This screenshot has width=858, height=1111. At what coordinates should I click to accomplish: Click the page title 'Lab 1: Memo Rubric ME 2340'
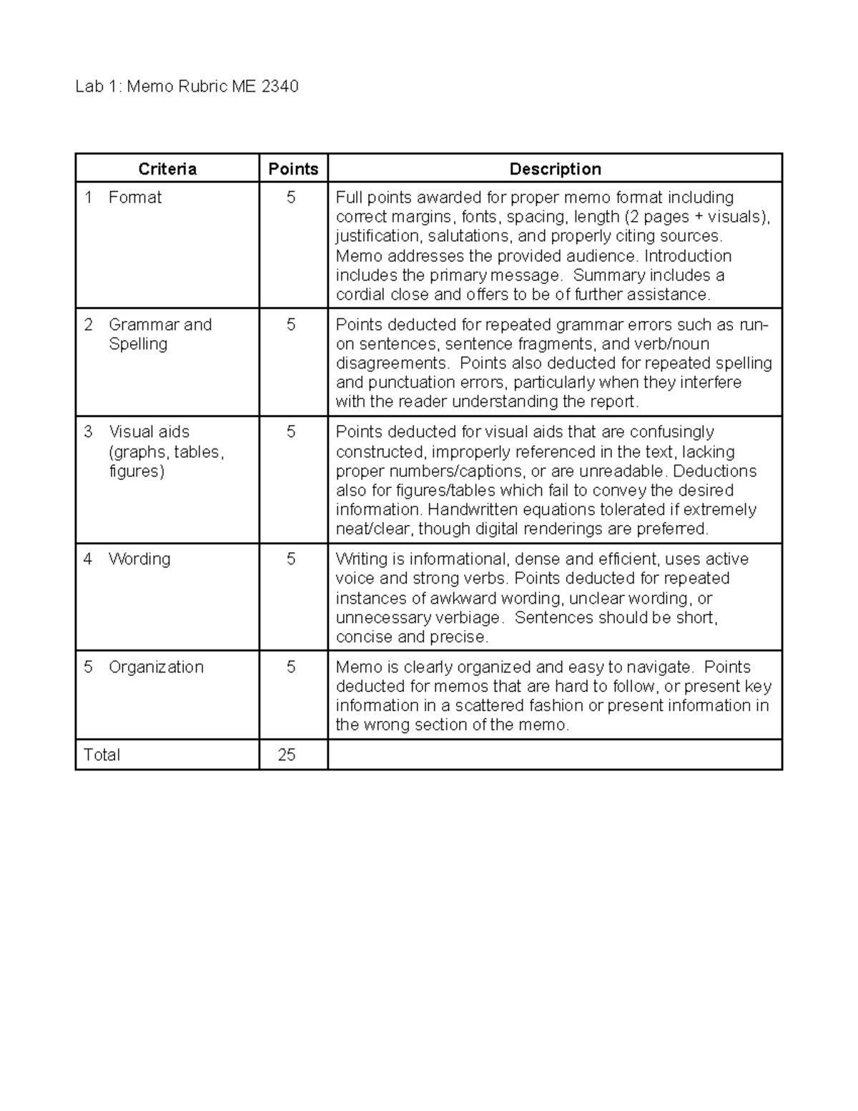pyautogui.click(x=187, y=87)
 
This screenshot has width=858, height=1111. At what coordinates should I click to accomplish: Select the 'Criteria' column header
pyautogui.click(x=167, y=169)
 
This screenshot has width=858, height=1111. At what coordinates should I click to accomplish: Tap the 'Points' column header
pyautogui.click(x=293, y=169)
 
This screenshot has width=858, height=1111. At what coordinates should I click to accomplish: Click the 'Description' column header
pyautogui.click(x=555, y=169)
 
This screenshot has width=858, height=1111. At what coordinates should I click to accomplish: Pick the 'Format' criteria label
pyautogui.click(x=134, y=197)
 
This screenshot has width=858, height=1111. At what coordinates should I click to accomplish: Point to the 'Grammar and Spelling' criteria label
pyautogui.click(x=159, y=334)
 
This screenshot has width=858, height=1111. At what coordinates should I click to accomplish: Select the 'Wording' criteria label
pyautogui.click(x=139, y=559)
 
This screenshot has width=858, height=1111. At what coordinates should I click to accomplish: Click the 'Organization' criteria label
pyautogui.click(x=156, y=667)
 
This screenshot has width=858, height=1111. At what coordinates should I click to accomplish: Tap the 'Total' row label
pyautogui.click(x=102, y=755)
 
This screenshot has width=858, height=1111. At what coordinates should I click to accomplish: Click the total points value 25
pyautogui.click(x=287, y=755)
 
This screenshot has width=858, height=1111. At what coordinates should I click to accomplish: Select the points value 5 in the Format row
pyautogui.click(x=291, y=197)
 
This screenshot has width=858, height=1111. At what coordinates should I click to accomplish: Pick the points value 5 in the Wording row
pyautogui.click(x=291, y=559)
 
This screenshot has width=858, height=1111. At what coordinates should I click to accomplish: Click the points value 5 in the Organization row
pyautogui.click(x=291, y=667)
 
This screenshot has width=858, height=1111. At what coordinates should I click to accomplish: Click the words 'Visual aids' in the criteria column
pyautogui.click(x=149, y=432)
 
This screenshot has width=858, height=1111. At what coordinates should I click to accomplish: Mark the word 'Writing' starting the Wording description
pyautogui.click(x=363, y=559)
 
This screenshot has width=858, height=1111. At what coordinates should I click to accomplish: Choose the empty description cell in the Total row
pyautogui.click(x=555, y=755)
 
